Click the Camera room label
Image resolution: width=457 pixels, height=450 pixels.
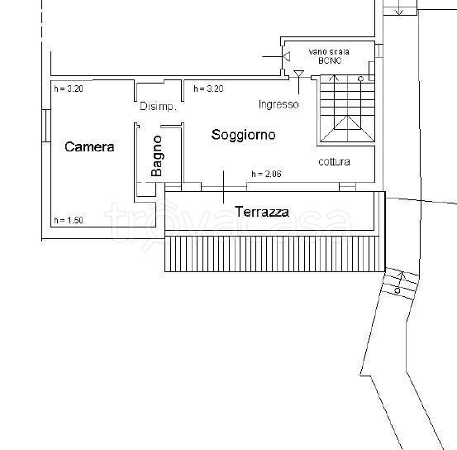click(89, 146)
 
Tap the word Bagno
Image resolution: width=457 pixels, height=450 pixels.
click(156, 156)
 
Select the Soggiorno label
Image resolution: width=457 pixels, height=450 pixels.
click(243, 135)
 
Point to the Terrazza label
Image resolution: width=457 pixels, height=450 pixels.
click(262, 212)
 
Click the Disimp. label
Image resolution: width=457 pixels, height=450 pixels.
click(159, 106)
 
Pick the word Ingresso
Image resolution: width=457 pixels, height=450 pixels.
click(278, 104)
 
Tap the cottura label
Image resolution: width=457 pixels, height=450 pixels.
click(335, 161)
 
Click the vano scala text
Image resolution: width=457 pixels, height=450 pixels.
click(329, 52)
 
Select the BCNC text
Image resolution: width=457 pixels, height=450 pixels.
click(330, 60)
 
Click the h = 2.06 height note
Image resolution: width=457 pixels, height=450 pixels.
click(266, 174)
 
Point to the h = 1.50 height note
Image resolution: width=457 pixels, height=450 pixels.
click(69, 220)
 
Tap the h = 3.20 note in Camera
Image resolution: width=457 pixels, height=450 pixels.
click(69, 89)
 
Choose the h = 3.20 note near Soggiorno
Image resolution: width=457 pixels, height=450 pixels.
click(208, 89)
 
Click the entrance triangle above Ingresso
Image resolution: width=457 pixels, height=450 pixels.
click(298, 74)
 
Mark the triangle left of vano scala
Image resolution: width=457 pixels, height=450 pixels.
click(287, 56)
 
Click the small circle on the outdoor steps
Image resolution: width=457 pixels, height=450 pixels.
click(397, 290)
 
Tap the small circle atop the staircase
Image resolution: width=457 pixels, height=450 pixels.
click(360, 79)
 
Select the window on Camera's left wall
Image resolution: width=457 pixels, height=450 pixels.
click(46, 126)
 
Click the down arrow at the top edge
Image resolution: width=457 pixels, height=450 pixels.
click(399, 11)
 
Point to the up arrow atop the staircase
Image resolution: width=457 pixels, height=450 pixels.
click(335, 79)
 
